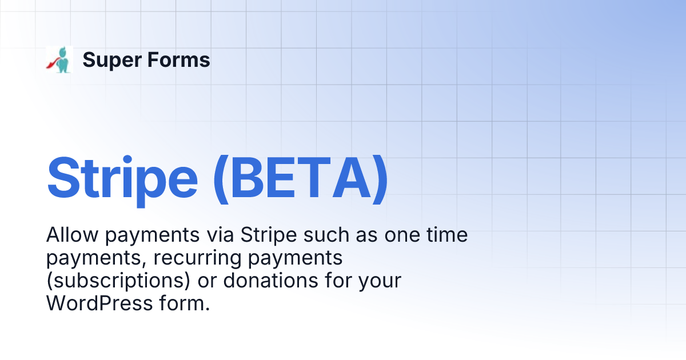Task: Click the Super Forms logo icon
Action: [59, 60]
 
